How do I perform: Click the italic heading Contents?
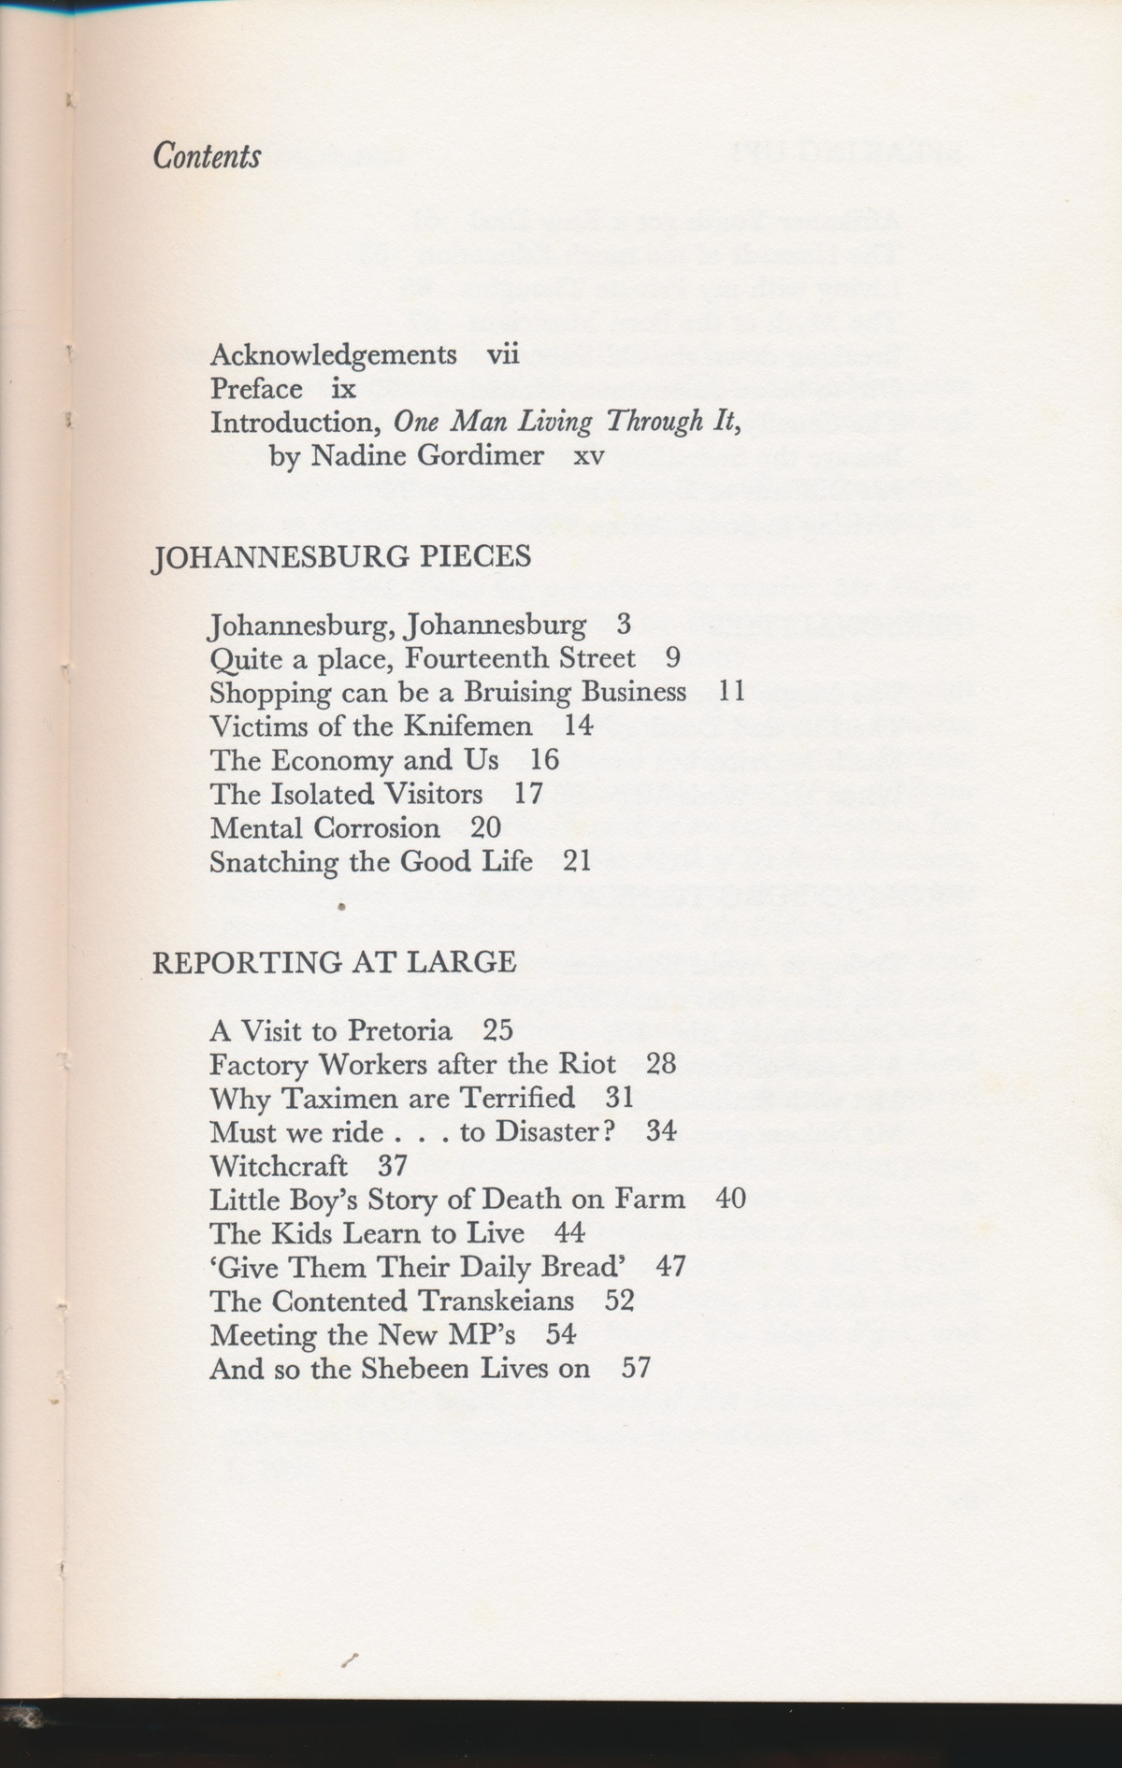[207, 156]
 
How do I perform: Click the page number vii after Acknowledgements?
[502, 355]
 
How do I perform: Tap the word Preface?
[256, 389]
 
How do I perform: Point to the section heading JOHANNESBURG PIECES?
[341, 557]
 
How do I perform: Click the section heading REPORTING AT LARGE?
[334, 962]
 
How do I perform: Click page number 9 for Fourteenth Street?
[672, 658]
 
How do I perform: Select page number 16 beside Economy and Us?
[544, 759]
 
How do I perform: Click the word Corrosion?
[377, 827]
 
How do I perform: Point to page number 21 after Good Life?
[577, 861]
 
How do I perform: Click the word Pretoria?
[400, 1030]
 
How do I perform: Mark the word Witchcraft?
[279, 1166]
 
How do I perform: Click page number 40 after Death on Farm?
[730, 1199]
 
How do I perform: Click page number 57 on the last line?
[636, 1369]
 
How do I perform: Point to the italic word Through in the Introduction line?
[654, 423]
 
